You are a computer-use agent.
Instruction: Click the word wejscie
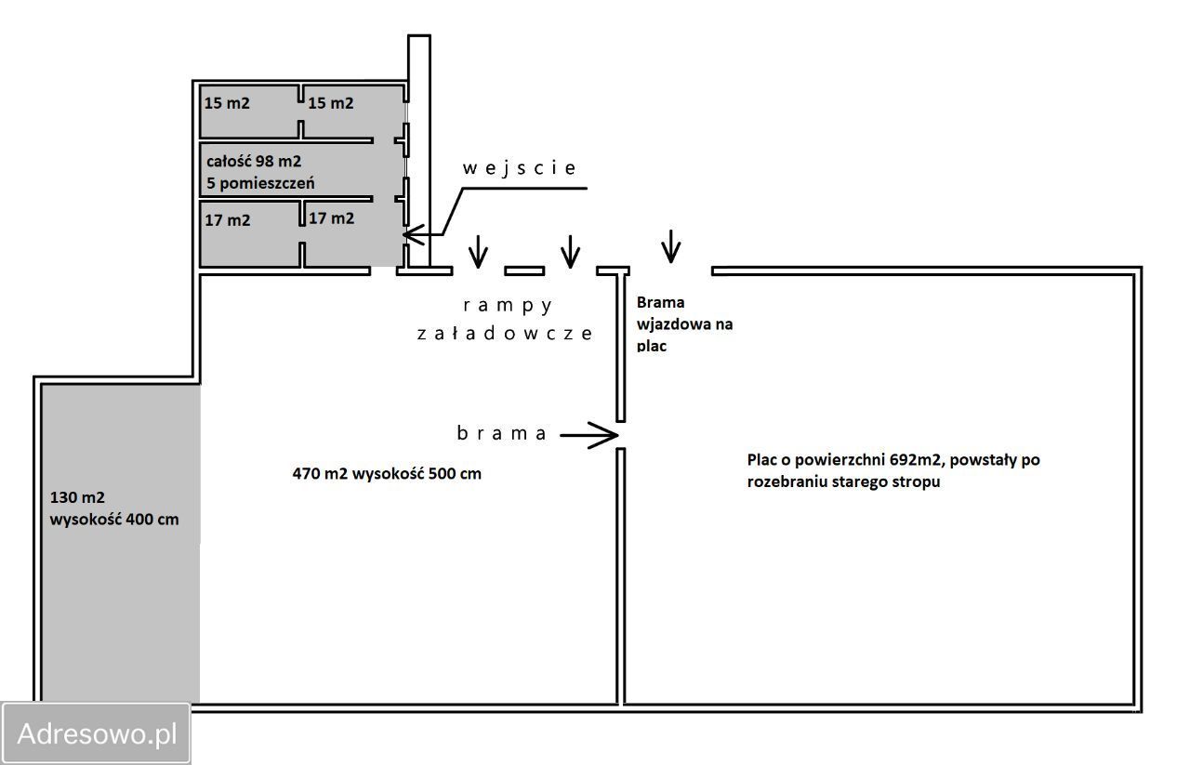click(520, 168)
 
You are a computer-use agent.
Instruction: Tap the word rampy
click(508, 305)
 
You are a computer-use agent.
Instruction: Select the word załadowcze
click(503, 333)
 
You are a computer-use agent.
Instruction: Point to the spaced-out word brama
click(502, 433)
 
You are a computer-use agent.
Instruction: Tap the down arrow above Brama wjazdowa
click(670, 246)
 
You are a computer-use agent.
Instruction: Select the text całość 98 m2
click(254, 162)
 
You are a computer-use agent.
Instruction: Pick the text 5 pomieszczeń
click(259, 183)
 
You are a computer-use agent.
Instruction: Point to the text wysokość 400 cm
click(114, 520)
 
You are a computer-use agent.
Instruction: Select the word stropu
click(919, 481)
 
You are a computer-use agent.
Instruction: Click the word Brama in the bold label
click(660, 302)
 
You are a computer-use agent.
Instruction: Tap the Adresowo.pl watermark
click(97, 734)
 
